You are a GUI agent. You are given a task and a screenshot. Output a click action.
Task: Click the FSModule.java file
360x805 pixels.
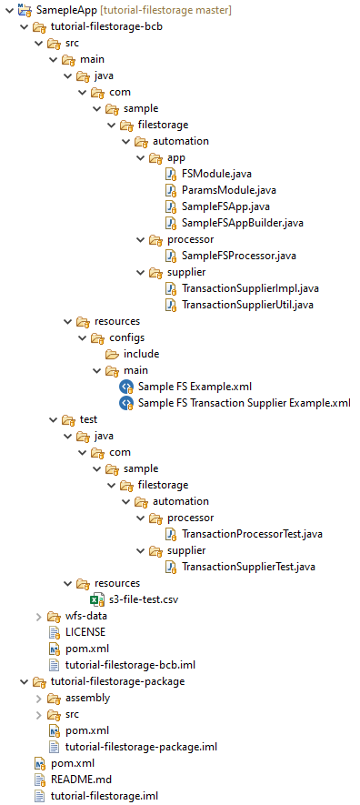pyautogui.click(x=216, y=174)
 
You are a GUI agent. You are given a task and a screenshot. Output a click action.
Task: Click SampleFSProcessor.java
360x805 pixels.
pyautogui.click(x=238, y=256)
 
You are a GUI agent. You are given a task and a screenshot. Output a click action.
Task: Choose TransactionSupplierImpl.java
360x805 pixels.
pyautogui.click(x=250, y=288)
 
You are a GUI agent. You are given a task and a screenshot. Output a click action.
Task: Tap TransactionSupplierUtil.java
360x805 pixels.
pyautogui.click(x=247, y=305)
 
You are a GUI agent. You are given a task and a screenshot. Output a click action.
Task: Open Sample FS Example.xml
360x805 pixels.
pyautogui.click(x=195, y=387)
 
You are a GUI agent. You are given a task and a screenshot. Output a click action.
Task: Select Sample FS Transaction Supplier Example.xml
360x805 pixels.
pyautogui.click(x=245, y=403)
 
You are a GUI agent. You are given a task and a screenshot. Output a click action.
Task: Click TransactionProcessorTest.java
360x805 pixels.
pyautogui.click(x=252, y=534)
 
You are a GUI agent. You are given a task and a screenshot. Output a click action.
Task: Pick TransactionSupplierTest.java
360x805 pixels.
pyautogui.click(x=248, y=567)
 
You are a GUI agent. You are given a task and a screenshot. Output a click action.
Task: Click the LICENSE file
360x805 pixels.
pyautogui.click(x=85, y=631)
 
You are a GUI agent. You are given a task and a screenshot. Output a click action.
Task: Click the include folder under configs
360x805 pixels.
pyautogui.click(x=141, y=354)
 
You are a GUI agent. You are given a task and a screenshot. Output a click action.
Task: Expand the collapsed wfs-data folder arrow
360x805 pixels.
pyautogui.click(x=38, y=616)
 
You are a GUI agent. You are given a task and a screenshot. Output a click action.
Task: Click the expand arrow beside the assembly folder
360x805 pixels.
pyautogui.click(x=38, y=698)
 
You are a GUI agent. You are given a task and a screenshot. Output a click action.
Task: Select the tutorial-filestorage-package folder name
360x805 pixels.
pyautogui.click(x=118, y=681)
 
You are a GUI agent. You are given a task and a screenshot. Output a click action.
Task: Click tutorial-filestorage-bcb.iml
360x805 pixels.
pyautogui.click(x=130, y=665)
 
